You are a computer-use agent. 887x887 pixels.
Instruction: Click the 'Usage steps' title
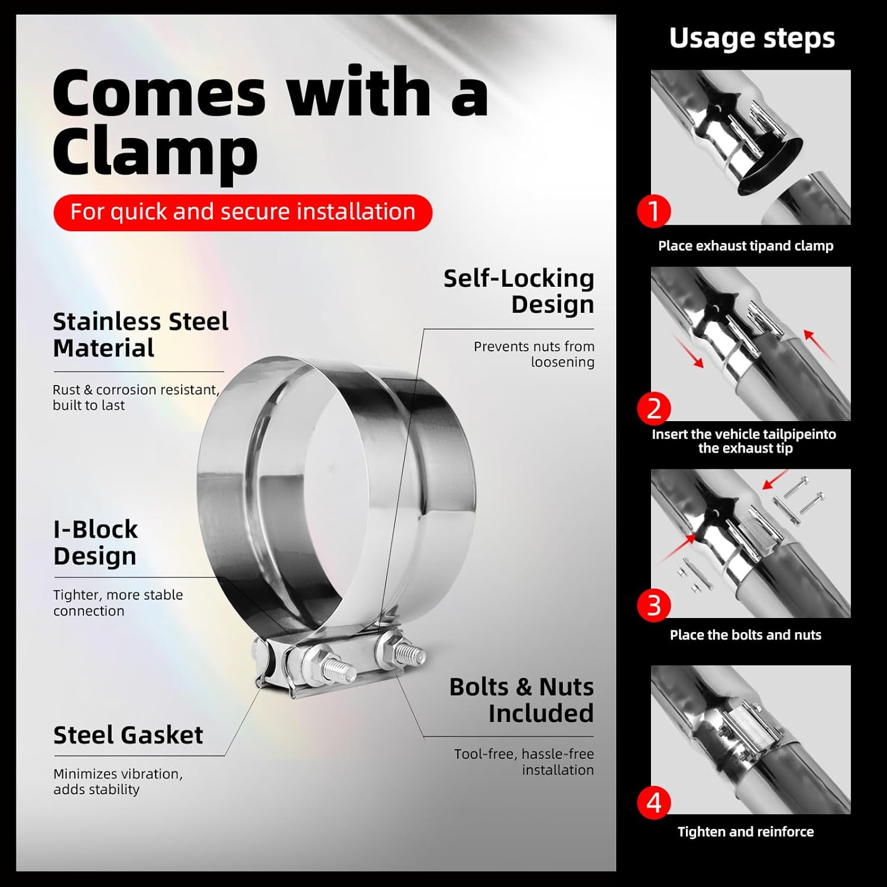(x=752, y=38)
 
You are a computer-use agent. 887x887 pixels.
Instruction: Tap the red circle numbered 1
(x=654, y=211)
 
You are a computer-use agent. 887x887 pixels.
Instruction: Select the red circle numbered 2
(x=654, y=409)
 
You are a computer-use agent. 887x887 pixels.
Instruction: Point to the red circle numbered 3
(x=654, y=606)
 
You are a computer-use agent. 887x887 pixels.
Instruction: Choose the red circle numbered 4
(x=654, y=802)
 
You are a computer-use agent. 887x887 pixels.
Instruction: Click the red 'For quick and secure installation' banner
(x=242, y=212)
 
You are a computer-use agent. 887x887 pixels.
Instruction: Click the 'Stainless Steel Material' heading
(x=141, y=335)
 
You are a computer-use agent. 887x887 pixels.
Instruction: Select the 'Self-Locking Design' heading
(x=519, y=291)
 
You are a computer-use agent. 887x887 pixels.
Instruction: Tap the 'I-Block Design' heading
(x=95, y=542)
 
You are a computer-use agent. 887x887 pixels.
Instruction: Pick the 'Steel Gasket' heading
(x=128, y=735)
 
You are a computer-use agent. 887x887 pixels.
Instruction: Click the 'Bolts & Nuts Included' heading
(x=521, y=700)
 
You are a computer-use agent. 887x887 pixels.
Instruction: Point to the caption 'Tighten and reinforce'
(x=746, y=831)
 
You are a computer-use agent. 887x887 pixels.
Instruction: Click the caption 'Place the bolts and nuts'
(x=746, y=635)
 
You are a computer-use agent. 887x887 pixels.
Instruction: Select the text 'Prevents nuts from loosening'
(x=534, y=354)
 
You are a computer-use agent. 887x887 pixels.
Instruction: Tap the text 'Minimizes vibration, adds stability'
(x=118, y=782)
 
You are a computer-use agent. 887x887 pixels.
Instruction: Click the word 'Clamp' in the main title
(x=156, y=151)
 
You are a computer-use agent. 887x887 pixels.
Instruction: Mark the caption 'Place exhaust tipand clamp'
(x=746, y=246)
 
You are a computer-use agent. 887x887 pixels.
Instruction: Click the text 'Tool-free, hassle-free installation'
(x=524, y=762)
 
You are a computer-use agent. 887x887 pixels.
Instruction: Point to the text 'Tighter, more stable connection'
(x=118, y=603)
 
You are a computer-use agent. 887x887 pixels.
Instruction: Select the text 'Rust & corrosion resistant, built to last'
(x=136, y=397)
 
